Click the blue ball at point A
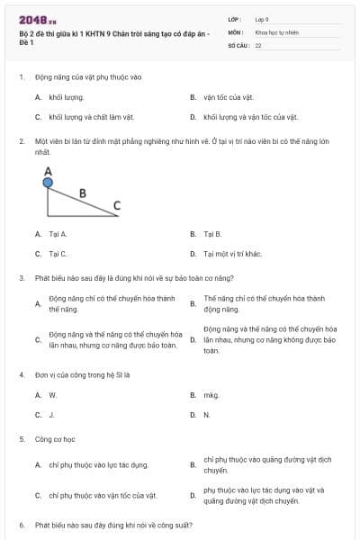[48, 183]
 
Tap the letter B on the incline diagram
[83, 192]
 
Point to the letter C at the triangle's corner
[116, 206]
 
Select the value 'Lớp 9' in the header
[262, 18]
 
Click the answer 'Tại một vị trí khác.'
[232, 254]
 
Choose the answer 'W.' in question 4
[52, 395]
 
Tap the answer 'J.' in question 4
[51, 415]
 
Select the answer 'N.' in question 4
[207, 415]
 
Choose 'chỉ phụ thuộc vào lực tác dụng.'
[99, 464]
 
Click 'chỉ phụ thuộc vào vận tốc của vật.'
[103, 495]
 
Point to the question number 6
[21, 524]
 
